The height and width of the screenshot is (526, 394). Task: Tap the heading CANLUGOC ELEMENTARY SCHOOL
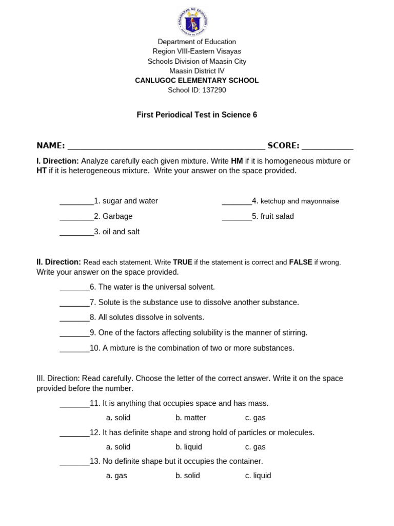tap(196, 81)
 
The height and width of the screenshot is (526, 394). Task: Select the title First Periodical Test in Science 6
tap(196, 115)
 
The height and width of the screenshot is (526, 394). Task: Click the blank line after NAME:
tap(166, 146)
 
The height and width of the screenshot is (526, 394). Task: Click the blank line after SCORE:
tap(327, 146)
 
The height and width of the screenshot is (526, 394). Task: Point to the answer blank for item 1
tap(76, 202)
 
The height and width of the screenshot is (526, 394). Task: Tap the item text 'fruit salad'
tap(277, 216)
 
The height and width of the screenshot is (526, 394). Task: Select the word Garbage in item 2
tap(117, 216)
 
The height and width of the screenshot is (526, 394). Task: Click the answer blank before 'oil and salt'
tap(76, 233)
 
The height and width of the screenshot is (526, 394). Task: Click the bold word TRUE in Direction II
tap(183, 262)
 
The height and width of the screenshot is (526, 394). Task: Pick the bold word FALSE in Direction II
tap(301, 262)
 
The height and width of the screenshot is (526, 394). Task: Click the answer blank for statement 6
tap(74, 288)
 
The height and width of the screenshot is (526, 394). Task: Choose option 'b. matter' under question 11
tap(190, 418)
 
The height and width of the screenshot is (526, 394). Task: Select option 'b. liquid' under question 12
tap(188, 447)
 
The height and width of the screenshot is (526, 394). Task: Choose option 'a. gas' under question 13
tap(116, 476)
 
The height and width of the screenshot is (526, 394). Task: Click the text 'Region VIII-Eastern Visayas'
tap(196, 51)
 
